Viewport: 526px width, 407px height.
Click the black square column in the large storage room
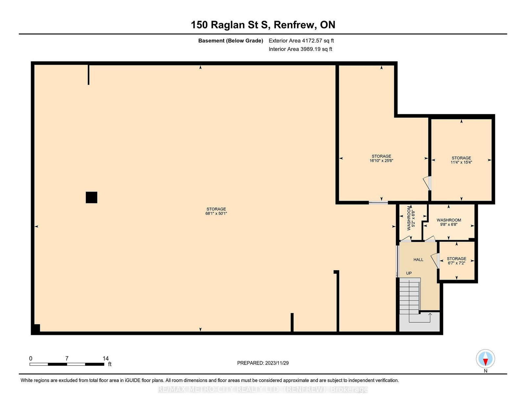click(91, 197)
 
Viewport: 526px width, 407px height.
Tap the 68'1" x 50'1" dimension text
click(216, 214)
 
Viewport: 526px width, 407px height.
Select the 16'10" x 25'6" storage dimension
click(381, 161)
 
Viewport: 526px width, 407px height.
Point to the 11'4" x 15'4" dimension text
click(461, 162)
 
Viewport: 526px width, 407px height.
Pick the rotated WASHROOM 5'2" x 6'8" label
click(411, 218)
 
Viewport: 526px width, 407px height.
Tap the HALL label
click(418, 260)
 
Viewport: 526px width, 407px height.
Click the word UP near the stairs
click(409, 273)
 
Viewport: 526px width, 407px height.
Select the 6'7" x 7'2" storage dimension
click(457, 263)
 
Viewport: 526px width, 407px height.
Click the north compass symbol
click(485, 359)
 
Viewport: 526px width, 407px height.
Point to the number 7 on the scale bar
click(67, 358)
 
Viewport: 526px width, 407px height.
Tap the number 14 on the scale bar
click(106, 358)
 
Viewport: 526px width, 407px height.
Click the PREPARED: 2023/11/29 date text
click(263, 363)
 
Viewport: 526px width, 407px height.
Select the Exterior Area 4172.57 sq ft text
click(301, 41)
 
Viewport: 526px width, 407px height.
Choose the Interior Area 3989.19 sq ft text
click(300, 49)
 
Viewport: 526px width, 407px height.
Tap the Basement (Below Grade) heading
click(231, 41)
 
